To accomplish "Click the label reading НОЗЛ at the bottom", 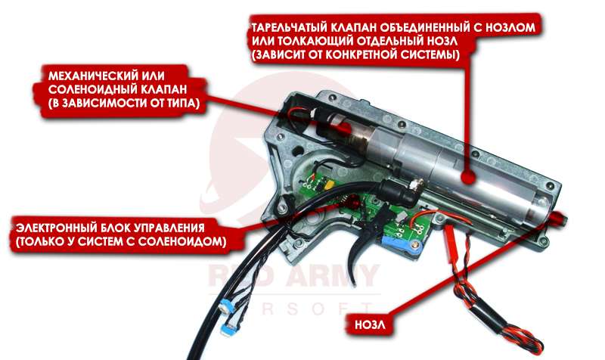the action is coord(369,324).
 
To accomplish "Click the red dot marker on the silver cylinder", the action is coord(468,177).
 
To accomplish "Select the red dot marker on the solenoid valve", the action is coord(344,129).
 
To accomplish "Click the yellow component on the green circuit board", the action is coord(329,185).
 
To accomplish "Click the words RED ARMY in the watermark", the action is coord(293,275).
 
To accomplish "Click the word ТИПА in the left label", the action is coord(184,104).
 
